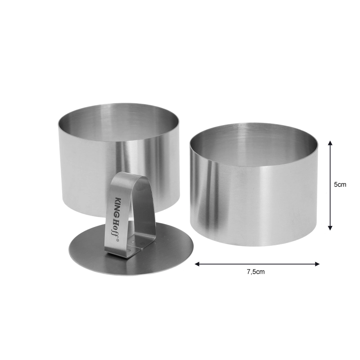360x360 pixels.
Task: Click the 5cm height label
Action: click(x=340, y=184)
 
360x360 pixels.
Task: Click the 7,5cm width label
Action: click(x=256, y=272)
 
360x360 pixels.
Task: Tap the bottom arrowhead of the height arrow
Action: click(x=330, y=228)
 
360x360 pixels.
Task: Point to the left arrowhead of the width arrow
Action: click(x=197, y=264)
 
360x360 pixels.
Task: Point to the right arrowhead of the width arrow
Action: click(x=317, y=264)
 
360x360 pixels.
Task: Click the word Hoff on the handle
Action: click(x=115, y=227)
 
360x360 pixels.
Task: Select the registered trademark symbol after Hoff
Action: click(x=117, y=241)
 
